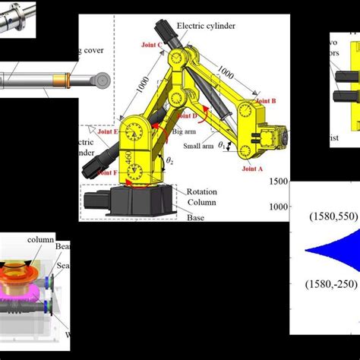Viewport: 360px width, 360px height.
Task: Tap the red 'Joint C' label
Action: (x=153, y=45)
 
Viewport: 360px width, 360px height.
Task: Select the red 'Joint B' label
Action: (x=266, y=100)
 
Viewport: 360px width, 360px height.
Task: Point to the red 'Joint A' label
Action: (x=251, y=170)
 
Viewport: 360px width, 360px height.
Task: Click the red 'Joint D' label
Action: (x=185, y=114)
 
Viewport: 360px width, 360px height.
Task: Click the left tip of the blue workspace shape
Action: (x=306, y=251)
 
